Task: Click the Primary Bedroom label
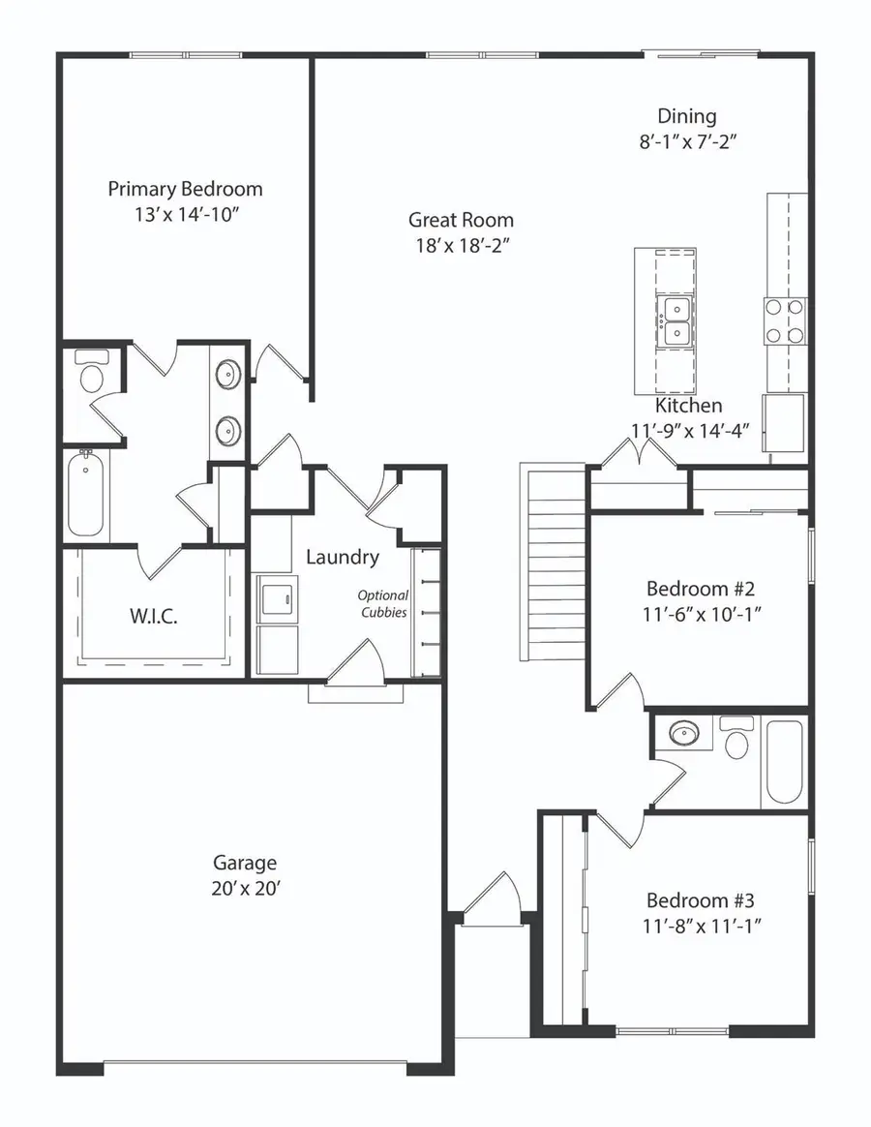point(185,189)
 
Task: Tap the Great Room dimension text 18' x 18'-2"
point(461,245)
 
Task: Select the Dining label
point(687,116)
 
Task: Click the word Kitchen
point(688,406)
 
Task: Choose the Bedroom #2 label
point(700,589)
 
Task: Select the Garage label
point(245,862)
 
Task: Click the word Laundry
point(343,557)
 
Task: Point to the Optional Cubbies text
point(383,604)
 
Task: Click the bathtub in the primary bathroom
point(86,497)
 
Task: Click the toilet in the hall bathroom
point(738,741)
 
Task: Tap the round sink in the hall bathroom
point(685,733)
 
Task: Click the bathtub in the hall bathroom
point(783,762)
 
